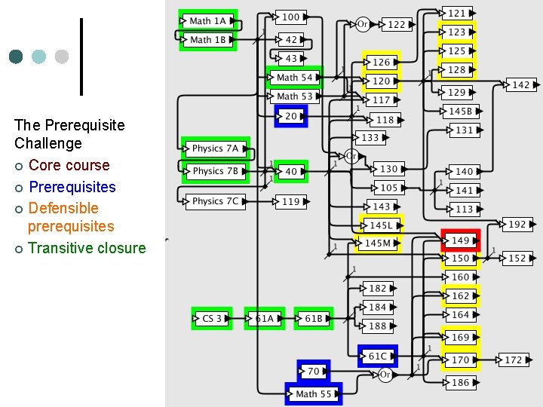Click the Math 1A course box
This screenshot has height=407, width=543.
click(207, 21)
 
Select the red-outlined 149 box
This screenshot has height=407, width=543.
click(460, 240)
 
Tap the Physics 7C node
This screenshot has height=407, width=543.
click(214, 201)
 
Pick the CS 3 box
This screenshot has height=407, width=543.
click(212, 319)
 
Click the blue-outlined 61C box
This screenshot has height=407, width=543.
click(377, 356)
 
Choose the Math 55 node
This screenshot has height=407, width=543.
click(314, 393)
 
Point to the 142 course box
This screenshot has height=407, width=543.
click(520, 85)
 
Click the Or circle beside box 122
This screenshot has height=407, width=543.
click(362, 24)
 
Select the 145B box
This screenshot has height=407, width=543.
click(460, 112)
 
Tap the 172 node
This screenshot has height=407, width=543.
click(513, 360)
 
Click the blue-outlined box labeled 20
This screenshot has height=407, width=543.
click(290, 116)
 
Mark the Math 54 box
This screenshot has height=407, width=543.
click(294, 78)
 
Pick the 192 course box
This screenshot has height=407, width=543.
click(517, 225)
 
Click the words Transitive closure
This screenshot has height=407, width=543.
click(87, 248)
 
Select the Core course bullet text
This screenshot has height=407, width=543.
click(69, 165)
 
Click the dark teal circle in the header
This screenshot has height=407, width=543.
click(17, 57)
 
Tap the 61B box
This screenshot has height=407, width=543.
click(314, 319)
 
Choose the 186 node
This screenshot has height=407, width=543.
click(460, 383)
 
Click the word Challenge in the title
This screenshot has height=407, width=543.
click(48, 143)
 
